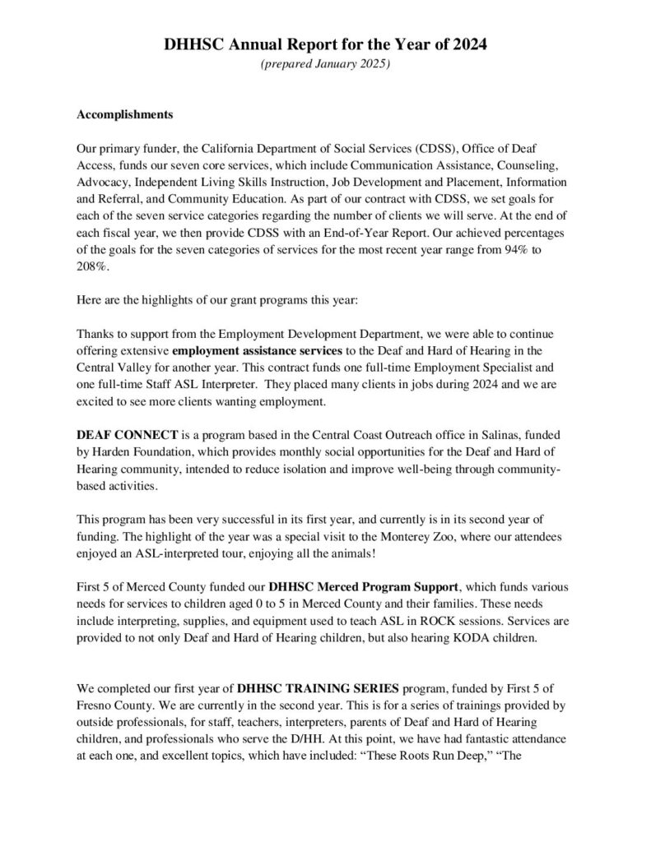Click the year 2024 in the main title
[470, 46]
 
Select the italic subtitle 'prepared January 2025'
[325, 65]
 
